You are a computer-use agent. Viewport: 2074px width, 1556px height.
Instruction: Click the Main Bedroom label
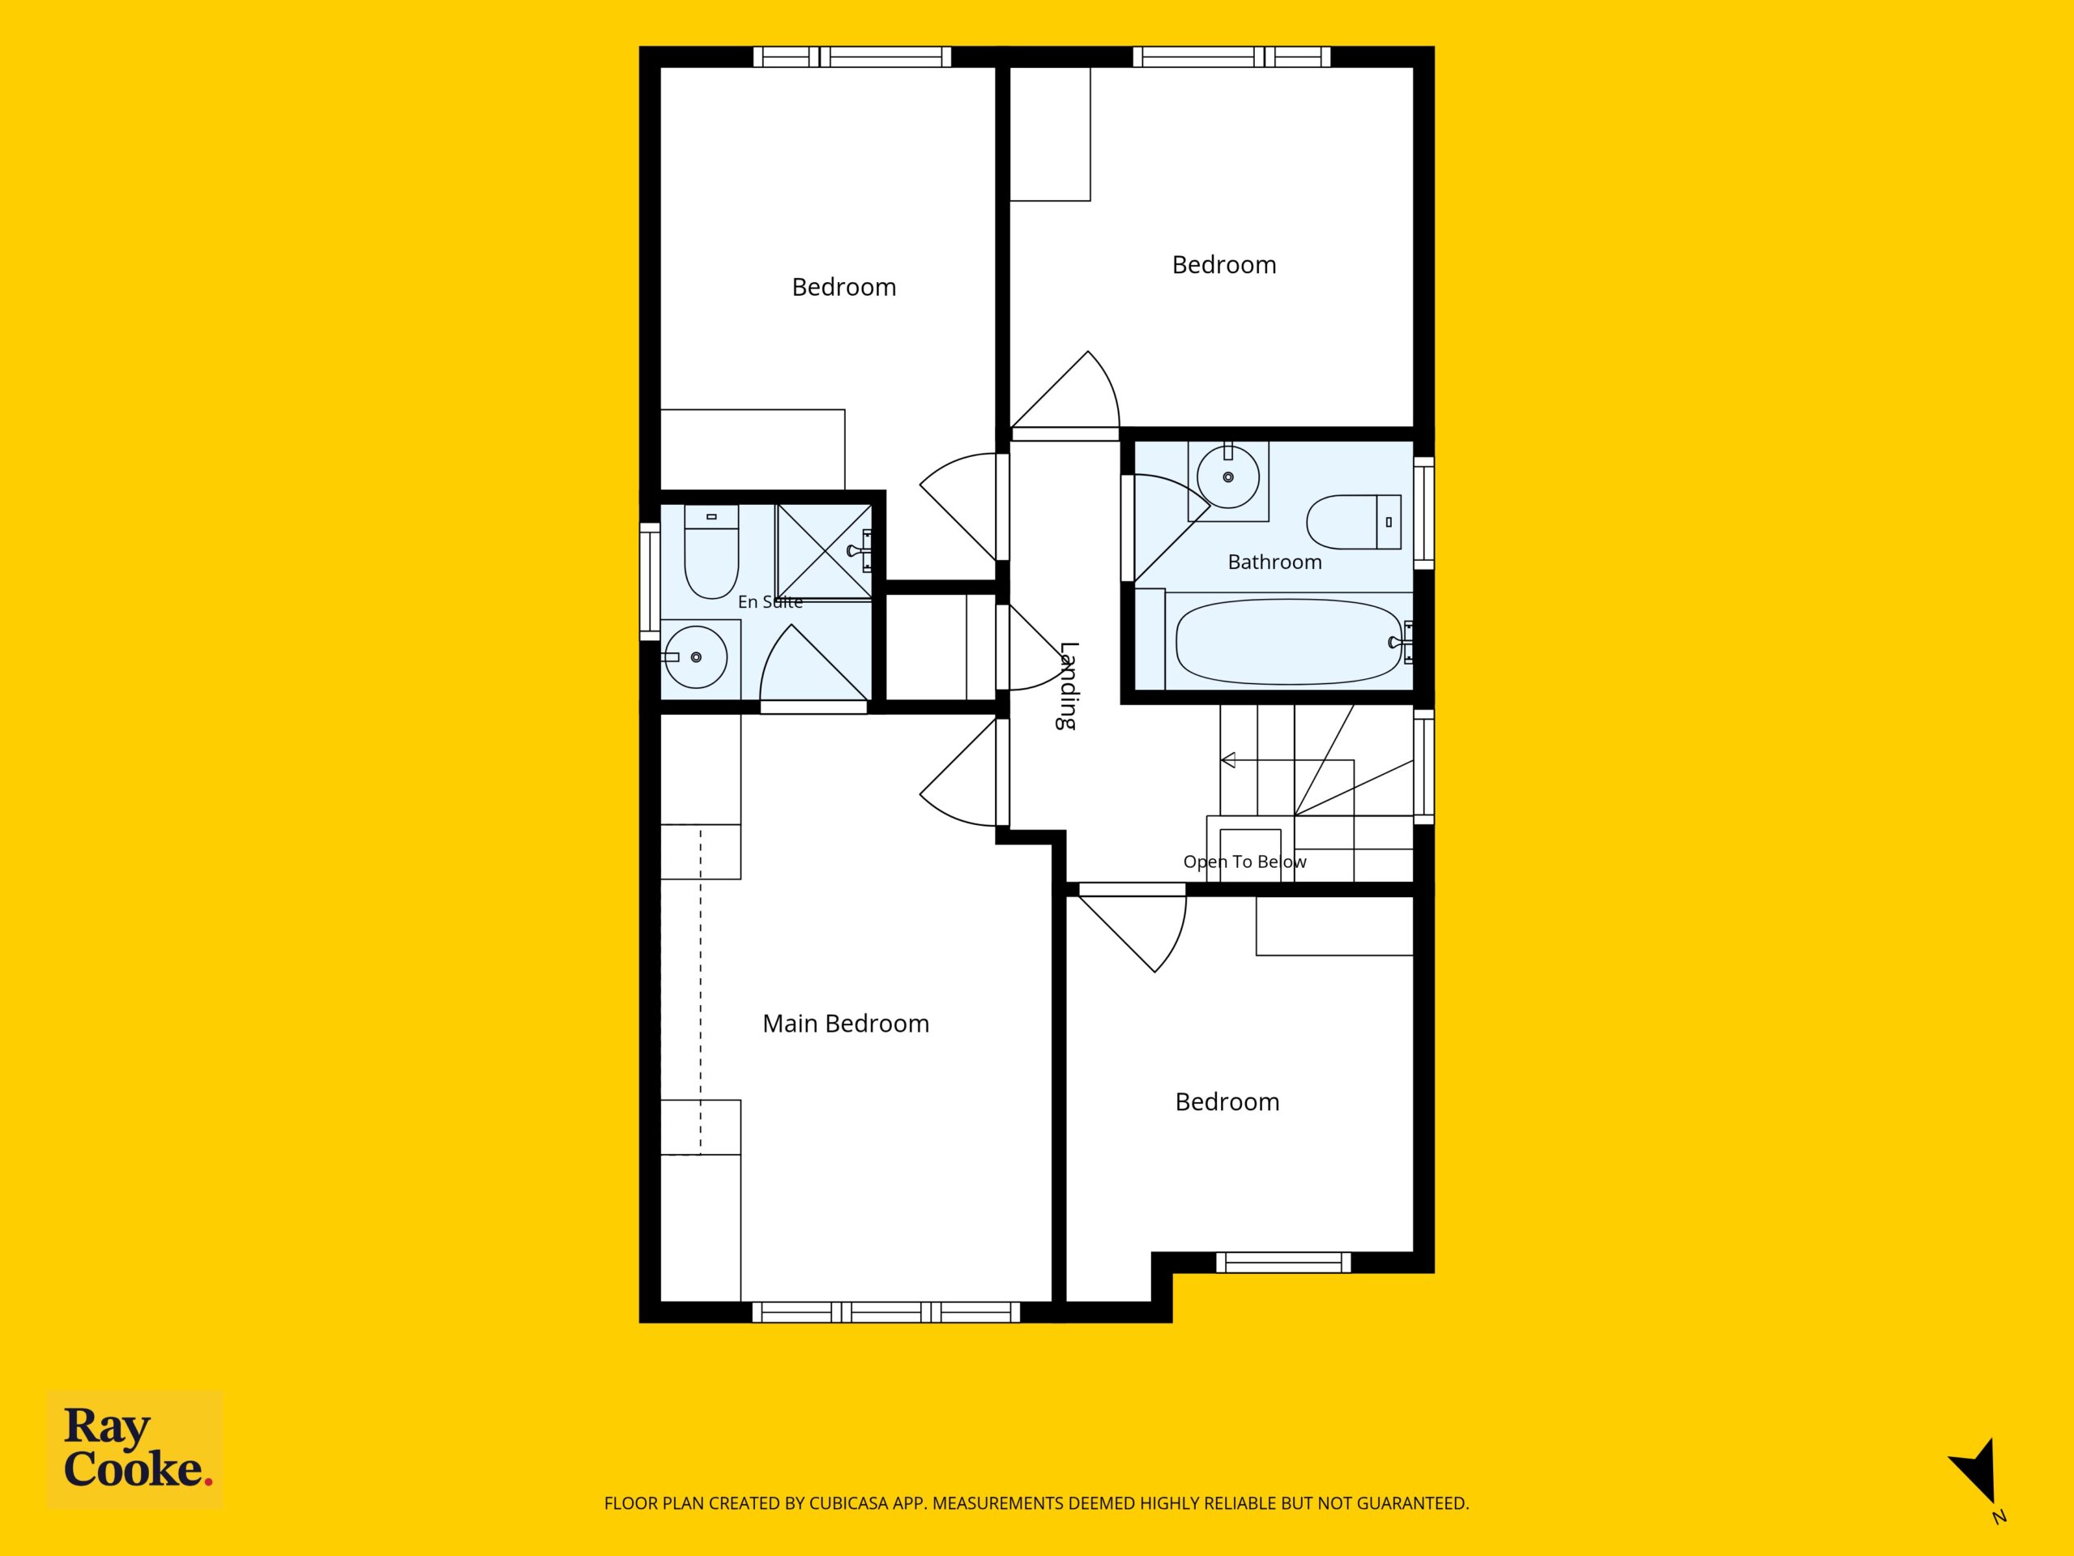846,1024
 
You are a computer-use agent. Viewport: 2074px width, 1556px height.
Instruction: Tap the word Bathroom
1274,562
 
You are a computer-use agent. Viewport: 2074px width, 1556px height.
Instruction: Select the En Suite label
770,602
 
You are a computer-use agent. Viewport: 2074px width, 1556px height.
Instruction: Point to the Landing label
1068,686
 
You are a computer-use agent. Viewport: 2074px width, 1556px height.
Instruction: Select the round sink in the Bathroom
1228,477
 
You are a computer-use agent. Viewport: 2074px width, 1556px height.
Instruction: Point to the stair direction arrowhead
1227,759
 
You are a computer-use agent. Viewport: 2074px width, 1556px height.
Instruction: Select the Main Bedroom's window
886,1311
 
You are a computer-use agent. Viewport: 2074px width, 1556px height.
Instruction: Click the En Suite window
650,582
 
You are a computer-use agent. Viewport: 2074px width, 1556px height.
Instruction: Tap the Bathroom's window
1423,512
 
